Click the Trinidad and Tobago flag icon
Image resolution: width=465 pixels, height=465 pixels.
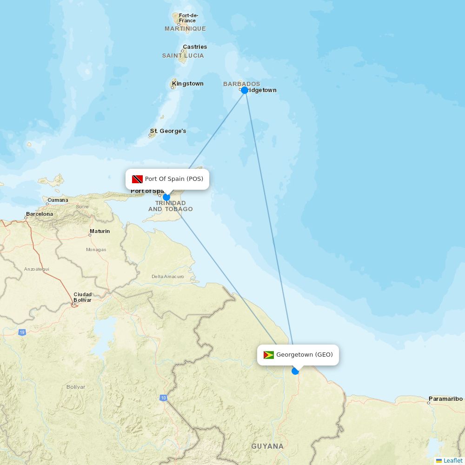click(x=137, y=179)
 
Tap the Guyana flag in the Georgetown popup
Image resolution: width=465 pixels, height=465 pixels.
click(x=269, y=355)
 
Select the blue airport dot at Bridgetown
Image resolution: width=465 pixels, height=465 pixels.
click(x=245, y=90)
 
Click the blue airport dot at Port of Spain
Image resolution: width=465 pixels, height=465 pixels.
click(x=166, y=197)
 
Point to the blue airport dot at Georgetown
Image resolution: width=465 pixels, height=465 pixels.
click(x=295, y=371)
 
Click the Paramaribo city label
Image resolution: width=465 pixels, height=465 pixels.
click(x=445, y=399)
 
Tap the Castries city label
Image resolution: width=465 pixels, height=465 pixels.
click(x=195, y=47)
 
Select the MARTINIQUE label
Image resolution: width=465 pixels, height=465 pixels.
click(x=185, y=29)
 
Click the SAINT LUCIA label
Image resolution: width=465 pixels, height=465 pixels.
click(x=183, y=56)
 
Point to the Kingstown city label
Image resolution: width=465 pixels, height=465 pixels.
click(x=188, y=84)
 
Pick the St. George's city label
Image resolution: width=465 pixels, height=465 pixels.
click(x=168, y=131)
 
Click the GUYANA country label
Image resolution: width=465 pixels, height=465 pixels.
click(x=267, y=446)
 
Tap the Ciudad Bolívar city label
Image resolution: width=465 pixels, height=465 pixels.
click(x=82, y=297)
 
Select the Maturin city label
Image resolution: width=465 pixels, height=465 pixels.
click(x=100, y=231)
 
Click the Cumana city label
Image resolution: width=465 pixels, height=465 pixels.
click(x=58, y=200)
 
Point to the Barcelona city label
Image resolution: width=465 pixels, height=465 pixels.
click(x=40, y=214)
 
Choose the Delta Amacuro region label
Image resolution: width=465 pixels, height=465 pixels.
click(x=168, y=277)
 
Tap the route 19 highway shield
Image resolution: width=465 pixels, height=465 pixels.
click(x=22, y=332)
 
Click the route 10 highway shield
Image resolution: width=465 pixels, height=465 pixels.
click(x=163, y=398)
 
